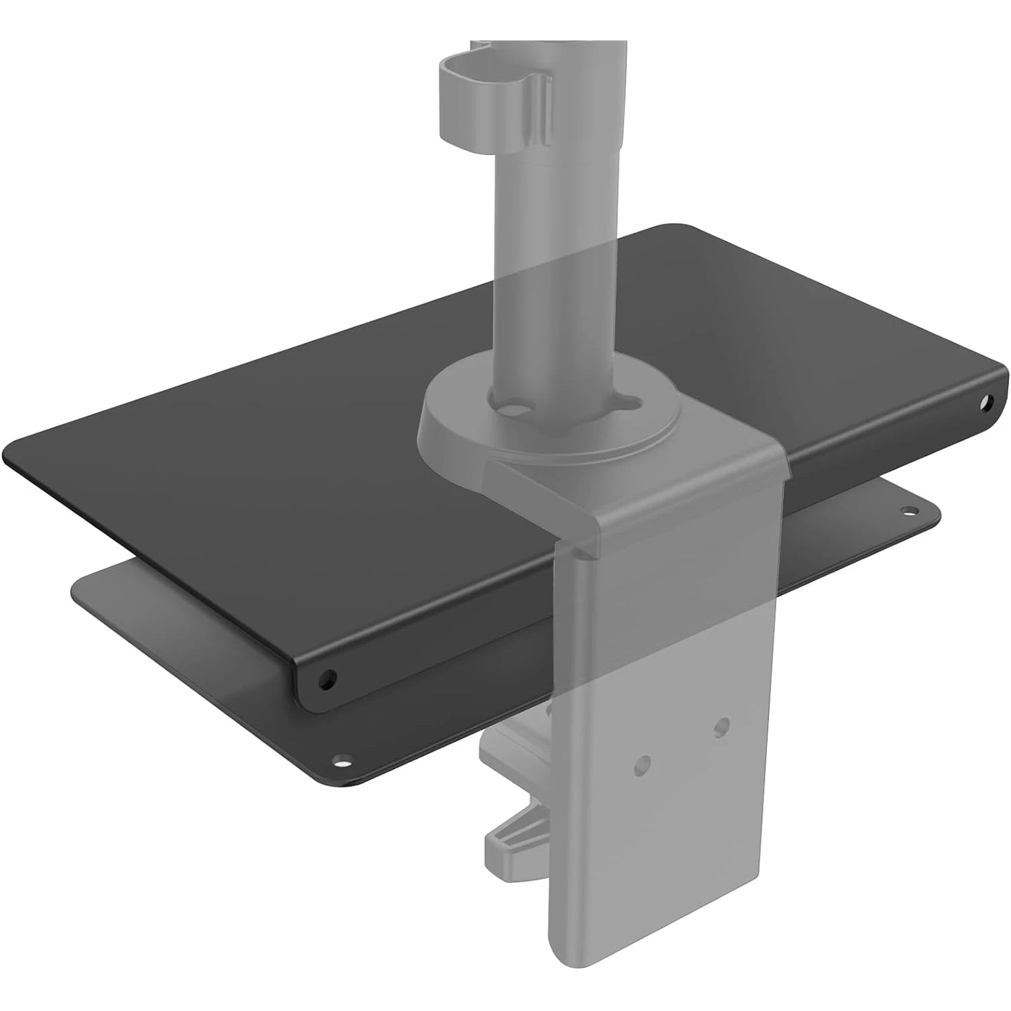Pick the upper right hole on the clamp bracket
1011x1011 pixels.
(722, 726)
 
